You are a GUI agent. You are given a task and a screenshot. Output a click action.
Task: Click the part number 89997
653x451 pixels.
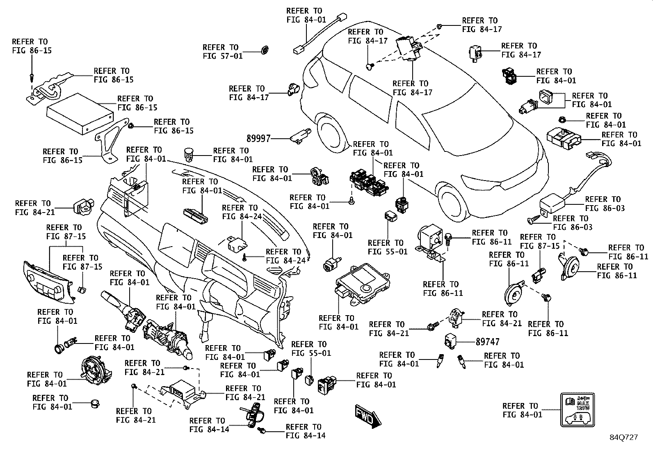(258, 138)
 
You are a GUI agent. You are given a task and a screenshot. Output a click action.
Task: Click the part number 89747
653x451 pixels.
(488, 341)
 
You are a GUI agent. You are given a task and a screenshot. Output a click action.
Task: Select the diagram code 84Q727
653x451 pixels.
(623, 437)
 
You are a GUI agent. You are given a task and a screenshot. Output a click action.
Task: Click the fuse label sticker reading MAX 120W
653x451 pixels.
(578, 410)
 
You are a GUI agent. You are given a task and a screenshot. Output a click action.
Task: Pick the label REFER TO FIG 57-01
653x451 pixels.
(223, 52)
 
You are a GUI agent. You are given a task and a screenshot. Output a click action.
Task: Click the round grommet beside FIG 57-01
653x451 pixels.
(265, 50)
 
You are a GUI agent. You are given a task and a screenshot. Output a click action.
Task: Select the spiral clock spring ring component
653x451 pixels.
(95, 369)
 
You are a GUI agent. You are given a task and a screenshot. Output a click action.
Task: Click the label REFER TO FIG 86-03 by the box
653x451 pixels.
(605, 204)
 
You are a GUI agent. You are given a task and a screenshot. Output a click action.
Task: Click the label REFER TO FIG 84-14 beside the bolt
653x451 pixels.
(306, 431)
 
